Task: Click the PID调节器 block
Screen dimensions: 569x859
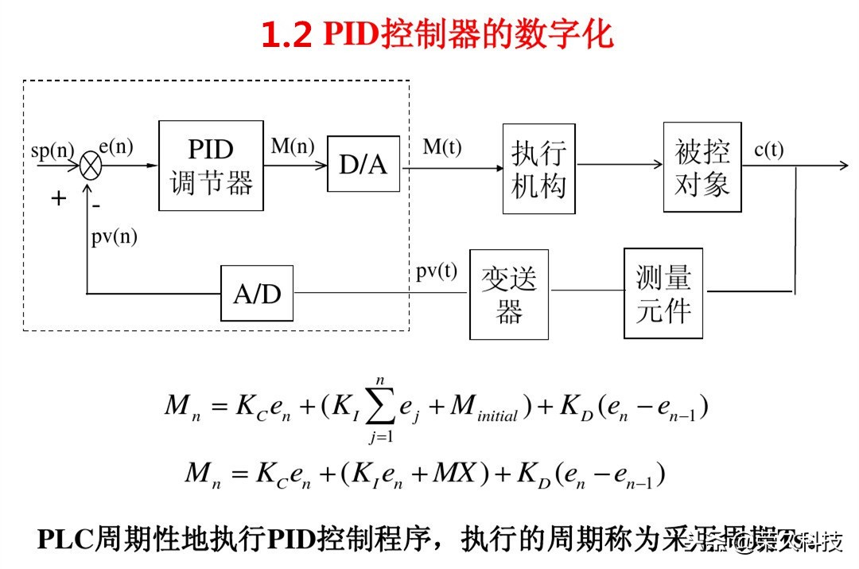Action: point(211,166)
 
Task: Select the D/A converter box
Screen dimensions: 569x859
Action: point(363,165)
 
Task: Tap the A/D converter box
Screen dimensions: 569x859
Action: point(257,294)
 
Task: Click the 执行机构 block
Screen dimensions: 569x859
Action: point(538,169)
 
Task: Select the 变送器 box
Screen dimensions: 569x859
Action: point(509,294)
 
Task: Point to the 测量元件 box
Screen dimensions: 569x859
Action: point(663,293)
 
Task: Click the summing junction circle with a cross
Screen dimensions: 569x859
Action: point(91,166)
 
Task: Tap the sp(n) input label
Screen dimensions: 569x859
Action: point(52,150)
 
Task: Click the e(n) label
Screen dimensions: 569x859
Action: point(116,146)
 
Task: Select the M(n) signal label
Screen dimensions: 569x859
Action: point(293,146)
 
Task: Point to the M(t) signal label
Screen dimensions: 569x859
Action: point(441,147)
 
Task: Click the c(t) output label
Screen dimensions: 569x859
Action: point(768,149)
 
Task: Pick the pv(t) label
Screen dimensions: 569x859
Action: point(437,271)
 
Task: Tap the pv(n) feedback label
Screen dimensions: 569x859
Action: point(114,236)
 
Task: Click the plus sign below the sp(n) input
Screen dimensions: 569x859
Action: point(58,198)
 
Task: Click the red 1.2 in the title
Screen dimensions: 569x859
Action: point(286,34)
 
